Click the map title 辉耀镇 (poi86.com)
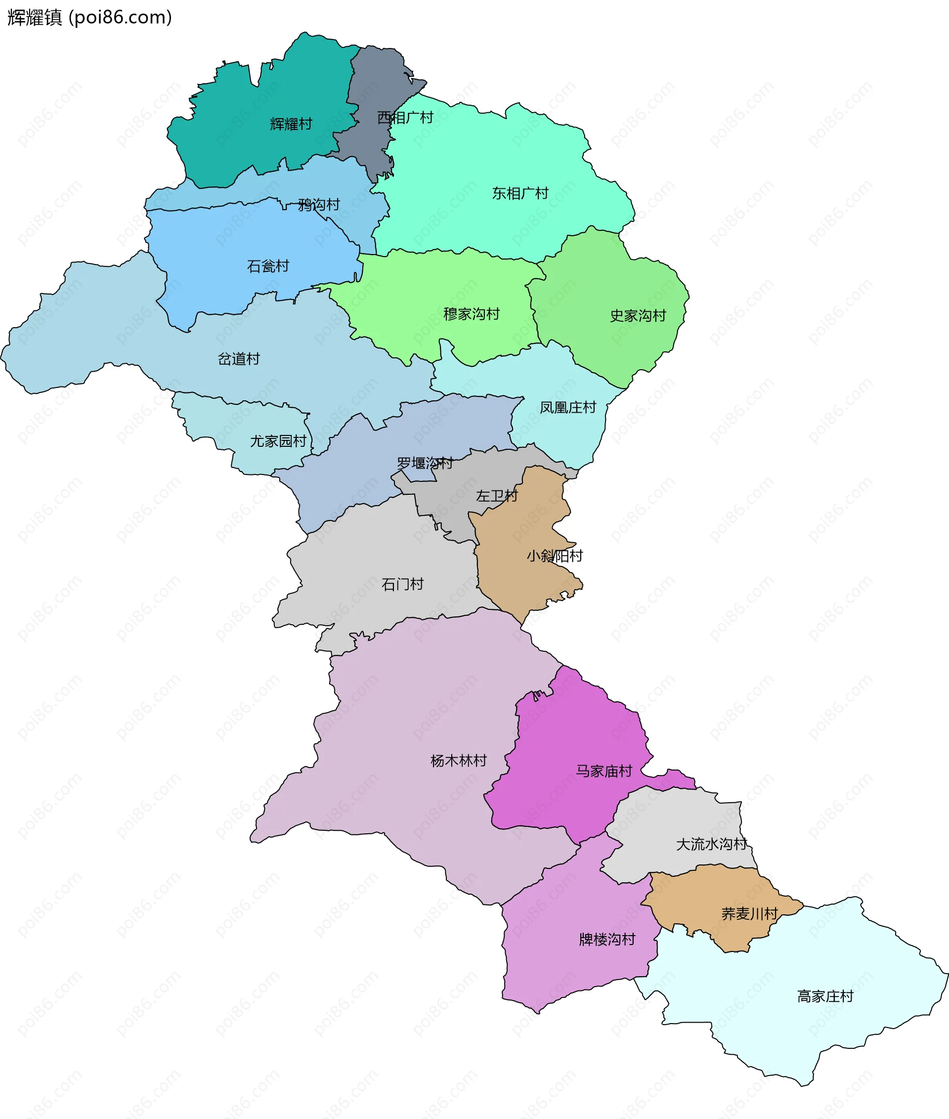89,17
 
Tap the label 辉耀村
291,124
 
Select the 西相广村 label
405,117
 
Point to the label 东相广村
520,193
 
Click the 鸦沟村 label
319,205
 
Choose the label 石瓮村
268,266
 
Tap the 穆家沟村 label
471,314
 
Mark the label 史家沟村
638,315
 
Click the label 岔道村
238,358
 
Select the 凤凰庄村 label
568,407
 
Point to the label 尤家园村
278,441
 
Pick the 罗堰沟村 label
425,463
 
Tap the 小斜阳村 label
555,556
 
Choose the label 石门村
402,584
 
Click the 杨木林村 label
458,760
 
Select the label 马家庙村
604,771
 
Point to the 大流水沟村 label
712,844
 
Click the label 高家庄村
825,996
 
